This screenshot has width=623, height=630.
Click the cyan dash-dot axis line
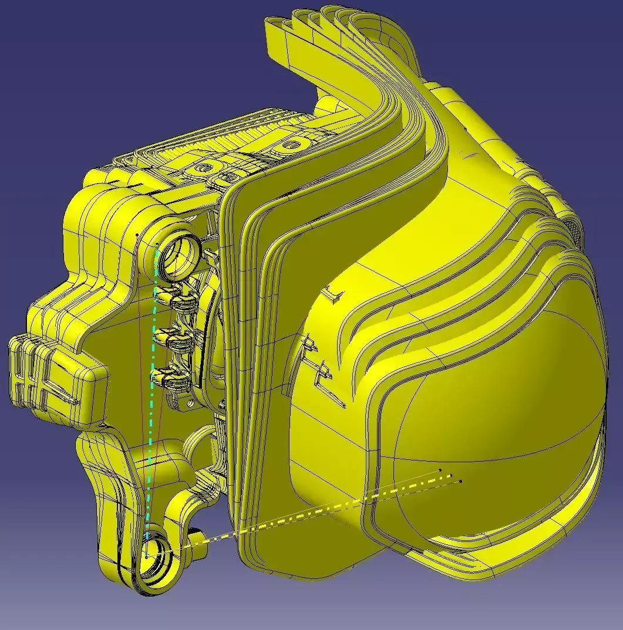(151, 399)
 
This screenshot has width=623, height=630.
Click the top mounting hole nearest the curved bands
(291, 144)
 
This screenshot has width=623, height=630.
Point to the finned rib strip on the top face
(235, 138)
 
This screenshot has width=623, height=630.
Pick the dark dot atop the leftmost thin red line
(137, 235)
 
